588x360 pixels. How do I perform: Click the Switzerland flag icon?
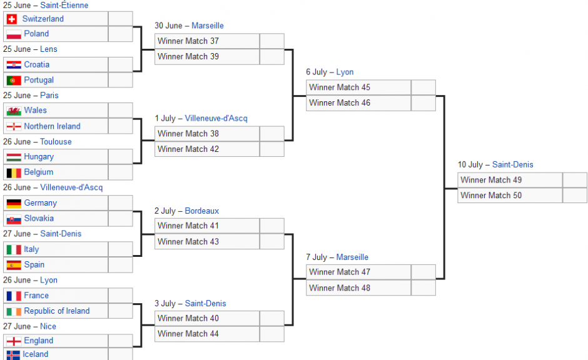[12, 19]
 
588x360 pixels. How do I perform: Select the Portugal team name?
[39, 80]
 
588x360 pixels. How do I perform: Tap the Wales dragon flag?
[14, 111]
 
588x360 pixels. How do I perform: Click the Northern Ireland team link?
[52, 126]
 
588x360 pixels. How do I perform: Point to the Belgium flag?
[14, 172]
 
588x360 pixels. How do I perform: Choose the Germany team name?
[41, 203]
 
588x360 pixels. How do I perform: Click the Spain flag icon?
[14, 265]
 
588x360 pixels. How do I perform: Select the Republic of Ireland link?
[57, 311]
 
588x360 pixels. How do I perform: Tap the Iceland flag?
[13, 355]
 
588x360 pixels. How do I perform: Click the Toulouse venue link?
[56, 142]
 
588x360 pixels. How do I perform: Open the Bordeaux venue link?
[202, 211]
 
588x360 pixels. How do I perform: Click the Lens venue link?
[49, 49]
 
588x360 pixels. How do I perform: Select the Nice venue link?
[48, 326]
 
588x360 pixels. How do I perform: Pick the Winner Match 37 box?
[207, 41]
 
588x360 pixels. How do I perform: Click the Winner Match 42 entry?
[207, 149]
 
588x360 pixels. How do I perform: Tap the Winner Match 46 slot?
[358, 103]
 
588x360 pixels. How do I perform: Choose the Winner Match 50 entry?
[510, 196]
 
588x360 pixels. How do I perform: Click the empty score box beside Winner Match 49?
[575, 180]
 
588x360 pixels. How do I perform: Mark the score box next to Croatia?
[120, 65]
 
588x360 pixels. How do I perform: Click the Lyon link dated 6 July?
[345, 72]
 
